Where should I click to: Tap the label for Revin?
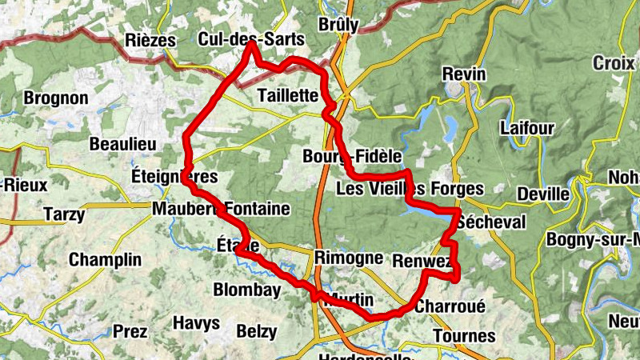465,74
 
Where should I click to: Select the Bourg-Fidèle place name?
346,155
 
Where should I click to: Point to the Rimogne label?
349,258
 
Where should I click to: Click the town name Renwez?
423,261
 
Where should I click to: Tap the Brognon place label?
56,98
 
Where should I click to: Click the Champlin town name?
105,259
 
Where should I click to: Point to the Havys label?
196,323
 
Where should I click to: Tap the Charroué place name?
450,306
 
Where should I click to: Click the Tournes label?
464,335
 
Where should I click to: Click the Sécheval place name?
494,222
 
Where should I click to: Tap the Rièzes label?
150,40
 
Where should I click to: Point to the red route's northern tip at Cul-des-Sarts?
250,45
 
